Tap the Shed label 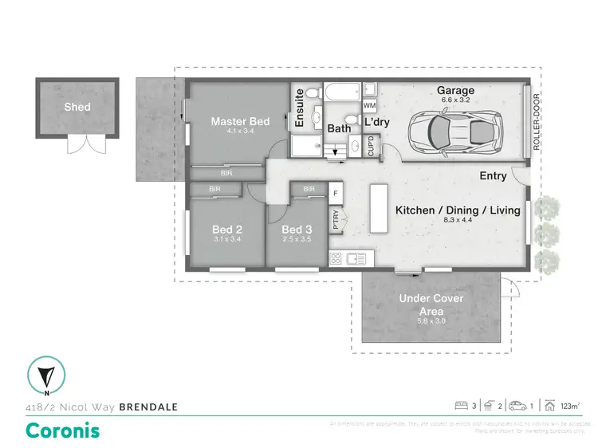coord(77,107)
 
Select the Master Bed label coord(240,122)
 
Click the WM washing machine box coord(369,105)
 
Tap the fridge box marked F coord(335,192)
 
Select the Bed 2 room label coord(228,230)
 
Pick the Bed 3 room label coord(297,230)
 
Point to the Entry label coord(495,176)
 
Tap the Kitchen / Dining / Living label coord(458,210)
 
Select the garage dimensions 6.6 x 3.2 coord(454,101)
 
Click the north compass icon coord(47,376)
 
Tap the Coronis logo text coord(64,430)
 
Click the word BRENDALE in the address coord(148,407)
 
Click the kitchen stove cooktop coord(336,258)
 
